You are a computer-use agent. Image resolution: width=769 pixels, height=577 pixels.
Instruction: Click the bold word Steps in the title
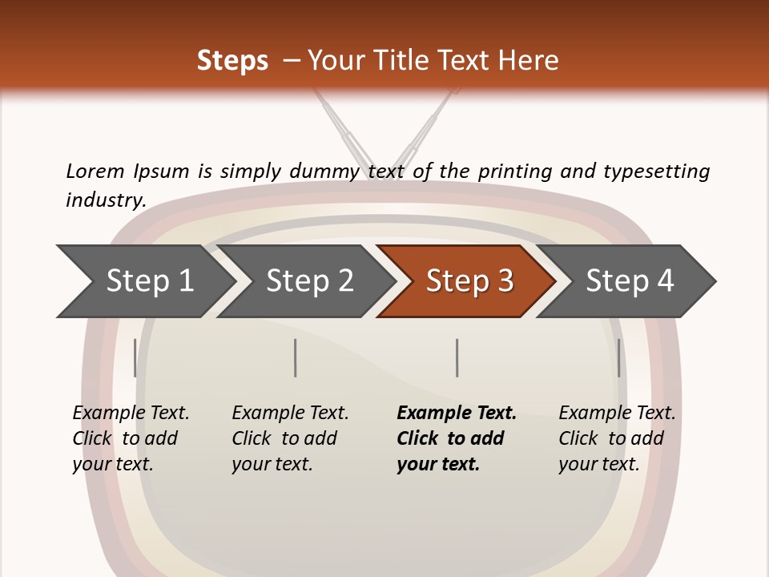232,61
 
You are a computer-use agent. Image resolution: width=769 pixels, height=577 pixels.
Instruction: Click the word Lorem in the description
95,171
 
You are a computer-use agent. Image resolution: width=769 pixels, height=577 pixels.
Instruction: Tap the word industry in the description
105,200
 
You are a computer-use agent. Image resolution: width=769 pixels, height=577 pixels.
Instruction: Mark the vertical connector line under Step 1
135,357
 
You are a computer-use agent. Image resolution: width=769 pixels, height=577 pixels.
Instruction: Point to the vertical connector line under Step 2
296,357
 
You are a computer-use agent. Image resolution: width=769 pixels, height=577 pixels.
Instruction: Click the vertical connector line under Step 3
457,357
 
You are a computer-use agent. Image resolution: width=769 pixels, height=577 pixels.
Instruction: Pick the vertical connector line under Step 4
618,357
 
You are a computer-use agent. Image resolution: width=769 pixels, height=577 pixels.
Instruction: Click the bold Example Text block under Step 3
457,438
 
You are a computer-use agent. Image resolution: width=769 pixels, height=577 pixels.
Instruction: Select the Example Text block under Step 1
131,438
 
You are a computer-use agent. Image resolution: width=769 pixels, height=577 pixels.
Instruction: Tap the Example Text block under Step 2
290,438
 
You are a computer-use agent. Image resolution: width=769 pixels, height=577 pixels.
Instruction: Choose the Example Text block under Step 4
617,438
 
